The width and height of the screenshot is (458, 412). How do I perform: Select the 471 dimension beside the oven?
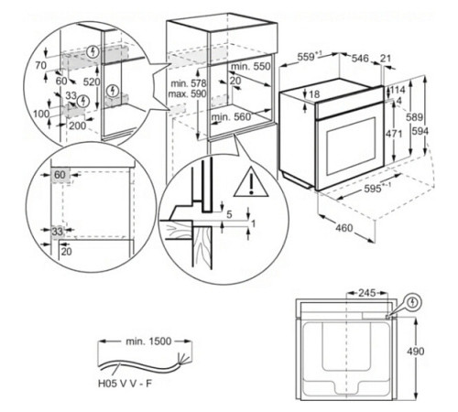tap(393, 134)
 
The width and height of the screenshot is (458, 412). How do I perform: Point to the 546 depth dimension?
tap(362, 57)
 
